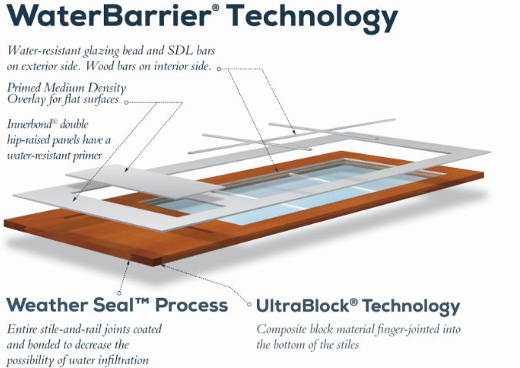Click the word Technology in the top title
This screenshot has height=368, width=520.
[x=312, y=18]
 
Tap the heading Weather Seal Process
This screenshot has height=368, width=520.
[x=117, y=305]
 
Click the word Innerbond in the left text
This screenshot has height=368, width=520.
[x=29, y=124]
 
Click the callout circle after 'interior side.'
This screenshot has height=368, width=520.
[x=219, y=69]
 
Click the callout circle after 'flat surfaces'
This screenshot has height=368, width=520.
[x=126, y=102]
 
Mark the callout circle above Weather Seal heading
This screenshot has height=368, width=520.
[x=119, y=293]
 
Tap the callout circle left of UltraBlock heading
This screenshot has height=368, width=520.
[x=249, y=304]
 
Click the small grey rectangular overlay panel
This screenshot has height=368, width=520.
[x=143, y=181]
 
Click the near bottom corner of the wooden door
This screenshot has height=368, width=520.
[x=153, y=266]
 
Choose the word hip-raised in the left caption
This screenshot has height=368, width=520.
[x=31, y=140]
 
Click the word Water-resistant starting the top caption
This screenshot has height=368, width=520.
[x=44, y=51]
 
